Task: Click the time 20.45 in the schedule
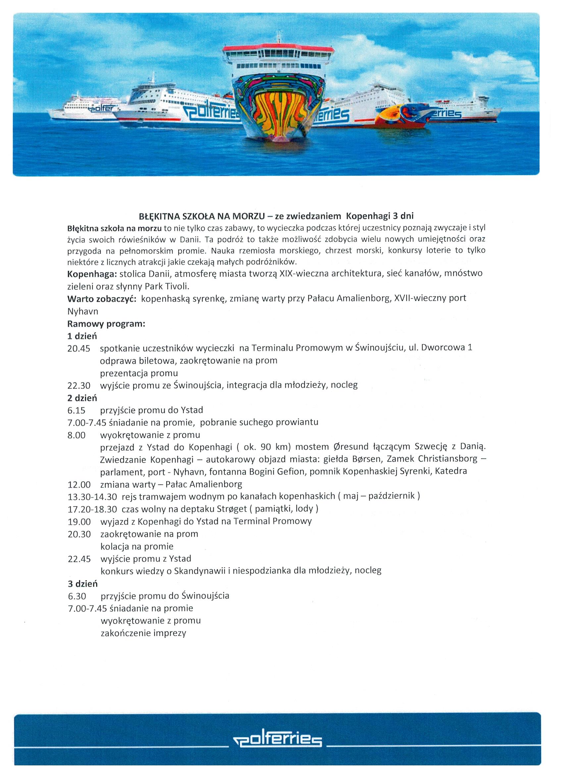click(78, 349)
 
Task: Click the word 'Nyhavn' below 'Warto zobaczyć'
click(83, 311)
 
